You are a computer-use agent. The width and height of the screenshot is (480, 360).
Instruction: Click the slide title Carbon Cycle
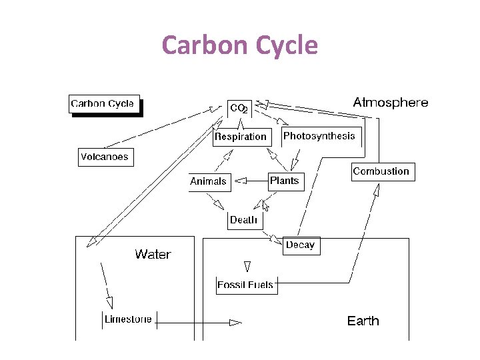click(x=240, y=45)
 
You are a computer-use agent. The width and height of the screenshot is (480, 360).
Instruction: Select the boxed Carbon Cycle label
click(x=103, y=104)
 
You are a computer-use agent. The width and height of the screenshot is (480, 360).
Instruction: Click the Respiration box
click(x=241, y=137)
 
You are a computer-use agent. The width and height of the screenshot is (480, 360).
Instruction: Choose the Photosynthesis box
click(x=319, y=136)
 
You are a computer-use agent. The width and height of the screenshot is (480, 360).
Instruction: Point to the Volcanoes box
click(x=105, y=157)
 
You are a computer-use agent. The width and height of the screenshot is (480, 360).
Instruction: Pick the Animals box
click(x=208, y=181)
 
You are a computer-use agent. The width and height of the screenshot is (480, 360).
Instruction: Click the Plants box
click(x=285, y=181)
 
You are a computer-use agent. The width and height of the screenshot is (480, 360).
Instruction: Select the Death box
click(x=243, y=220)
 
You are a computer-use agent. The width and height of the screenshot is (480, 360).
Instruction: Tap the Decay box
click(x=300, y=245)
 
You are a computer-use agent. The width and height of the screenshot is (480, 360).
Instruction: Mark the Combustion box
click(x=381, y=171)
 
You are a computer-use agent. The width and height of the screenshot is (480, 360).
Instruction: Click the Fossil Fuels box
click(x=245, y=285)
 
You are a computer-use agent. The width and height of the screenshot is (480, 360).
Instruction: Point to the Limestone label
click(x=128, y=319)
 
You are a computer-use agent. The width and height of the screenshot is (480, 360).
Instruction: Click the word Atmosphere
click(x=391, y=103)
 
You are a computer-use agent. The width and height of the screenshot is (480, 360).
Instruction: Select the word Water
click(x=153, y=254)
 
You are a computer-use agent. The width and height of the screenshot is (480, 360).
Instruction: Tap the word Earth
click(x=363, y=321)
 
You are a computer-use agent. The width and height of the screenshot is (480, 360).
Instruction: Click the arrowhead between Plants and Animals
click(x=242, y=180)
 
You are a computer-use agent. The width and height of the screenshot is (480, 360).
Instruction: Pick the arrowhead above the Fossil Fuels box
click(x=247, y=267)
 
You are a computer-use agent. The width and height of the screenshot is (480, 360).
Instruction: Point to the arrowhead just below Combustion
click(x=376, y=191)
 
